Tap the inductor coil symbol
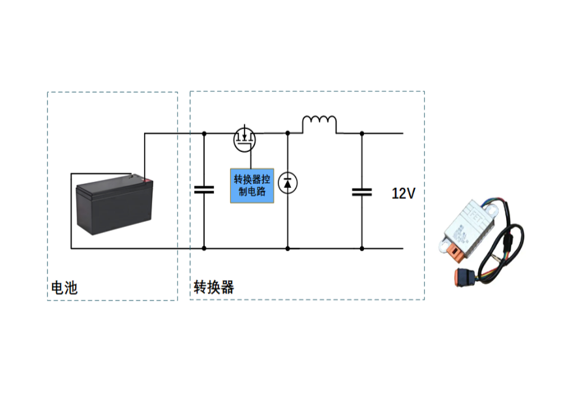pyautogui.click(x=319, y=122)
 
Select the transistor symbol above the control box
pyautogui.click(x=245, y=138)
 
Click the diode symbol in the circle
pyautogui.click(x=287, y=182)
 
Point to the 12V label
pyautogui.click(x=402, y=193)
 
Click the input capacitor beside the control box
pyautogui.click(x=204, y=189)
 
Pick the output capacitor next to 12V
pyautogui.click(x=361, y=193)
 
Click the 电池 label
pyautogui.click(x=65, y=287)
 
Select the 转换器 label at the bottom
pyautogui.click(x=213, y=287)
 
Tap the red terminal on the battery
pyautogui.click(x=148, y=180)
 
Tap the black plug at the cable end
pyautogui.click(x=463, y=277)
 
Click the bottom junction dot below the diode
pyautogui.click(x=288, y=249)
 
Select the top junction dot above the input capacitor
pyautogui.click(x=204, y=132)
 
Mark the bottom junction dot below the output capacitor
pyautogui.click(x=361, y=249)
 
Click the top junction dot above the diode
pyautogui.click(x=288, y=132)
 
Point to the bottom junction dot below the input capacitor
pyautogui.click(x=204, y=249)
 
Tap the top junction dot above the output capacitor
pyautogui.click(x=361, y=132)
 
